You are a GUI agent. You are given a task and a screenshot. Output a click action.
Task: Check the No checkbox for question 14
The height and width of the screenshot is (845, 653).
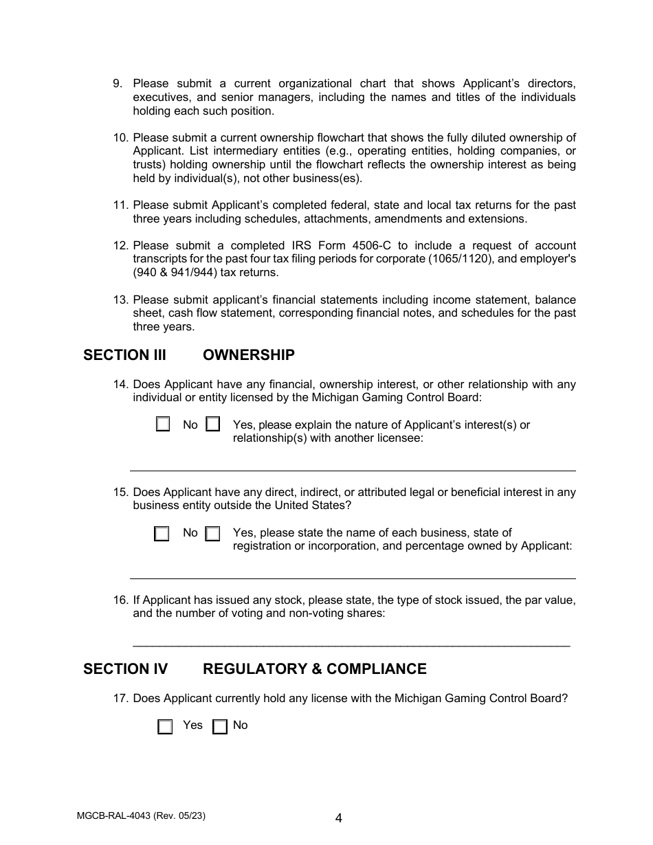163,425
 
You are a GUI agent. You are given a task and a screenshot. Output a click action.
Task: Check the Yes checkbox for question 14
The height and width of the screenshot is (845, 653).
213,425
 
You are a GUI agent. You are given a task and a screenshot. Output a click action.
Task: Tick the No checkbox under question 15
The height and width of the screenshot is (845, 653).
162,534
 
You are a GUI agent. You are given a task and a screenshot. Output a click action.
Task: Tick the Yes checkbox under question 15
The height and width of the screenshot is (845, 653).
213,534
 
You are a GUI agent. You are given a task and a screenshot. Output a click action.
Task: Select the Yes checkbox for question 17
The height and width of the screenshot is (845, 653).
165,727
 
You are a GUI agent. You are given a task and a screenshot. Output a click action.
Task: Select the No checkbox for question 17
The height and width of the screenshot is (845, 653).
220,727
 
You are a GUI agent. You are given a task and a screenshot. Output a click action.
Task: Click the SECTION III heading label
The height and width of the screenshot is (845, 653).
124,355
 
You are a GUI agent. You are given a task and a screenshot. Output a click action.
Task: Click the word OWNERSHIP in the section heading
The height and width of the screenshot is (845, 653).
248,355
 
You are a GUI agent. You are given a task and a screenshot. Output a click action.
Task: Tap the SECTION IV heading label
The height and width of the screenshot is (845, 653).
125,669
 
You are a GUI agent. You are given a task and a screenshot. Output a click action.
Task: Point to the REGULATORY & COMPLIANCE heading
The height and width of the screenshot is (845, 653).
314,669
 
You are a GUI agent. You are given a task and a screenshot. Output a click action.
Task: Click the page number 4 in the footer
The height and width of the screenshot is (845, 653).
339,818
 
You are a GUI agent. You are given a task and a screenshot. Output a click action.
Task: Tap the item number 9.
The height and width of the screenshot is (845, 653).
118,84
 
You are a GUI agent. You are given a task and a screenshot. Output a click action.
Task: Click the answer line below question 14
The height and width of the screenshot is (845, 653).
353,471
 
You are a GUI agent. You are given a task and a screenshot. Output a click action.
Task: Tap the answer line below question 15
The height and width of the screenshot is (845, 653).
353,578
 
